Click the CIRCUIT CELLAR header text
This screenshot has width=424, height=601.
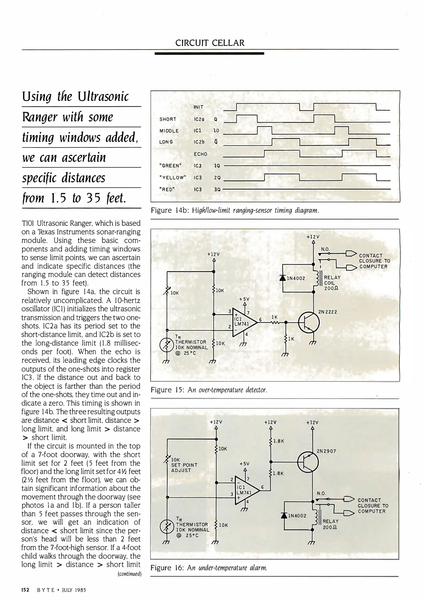click(x=210, y=43)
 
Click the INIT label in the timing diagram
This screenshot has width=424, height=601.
click(x=198, y=107)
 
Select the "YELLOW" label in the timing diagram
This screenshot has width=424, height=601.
click(x=172, y=178)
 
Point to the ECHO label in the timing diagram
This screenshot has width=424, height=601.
click(x=200, y=154)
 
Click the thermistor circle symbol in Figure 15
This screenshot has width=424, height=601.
click(x=166, y=344)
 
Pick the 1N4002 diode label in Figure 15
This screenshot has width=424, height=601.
click(x=296, y=278)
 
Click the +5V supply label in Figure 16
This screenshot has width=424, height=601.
click(x=244, y=464)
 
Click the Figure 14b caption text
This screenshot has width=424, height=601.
click(x=235, y=210)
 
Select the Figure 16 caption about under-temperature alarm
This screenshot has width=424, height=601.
click(x=209, y=568)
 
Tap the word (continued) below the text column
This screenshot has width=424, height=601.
click(x=129, y=574)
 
